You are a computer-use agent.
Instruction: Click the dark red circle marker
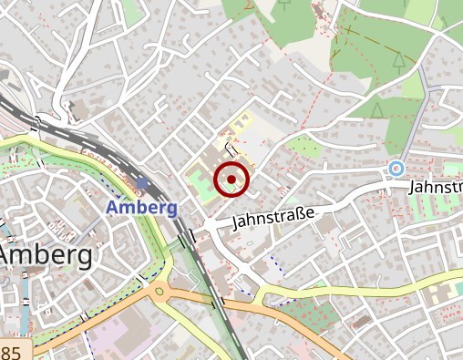[x=231, y=179]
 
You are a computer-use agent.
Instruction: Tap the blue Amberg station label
[x=141, y=207]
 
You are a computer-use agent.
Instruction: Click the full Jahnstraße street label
[x=273, y=218]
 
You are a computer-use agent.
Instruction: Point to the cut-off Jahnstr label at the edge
[x=437, y=186]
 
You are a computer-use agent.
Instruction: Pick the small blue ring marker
[x=396, y=168]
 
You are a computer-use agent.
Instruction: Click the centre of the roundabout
[x=160, y=293]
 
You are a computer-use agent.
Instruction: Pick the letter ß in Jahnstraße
[x=299, y=214]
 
